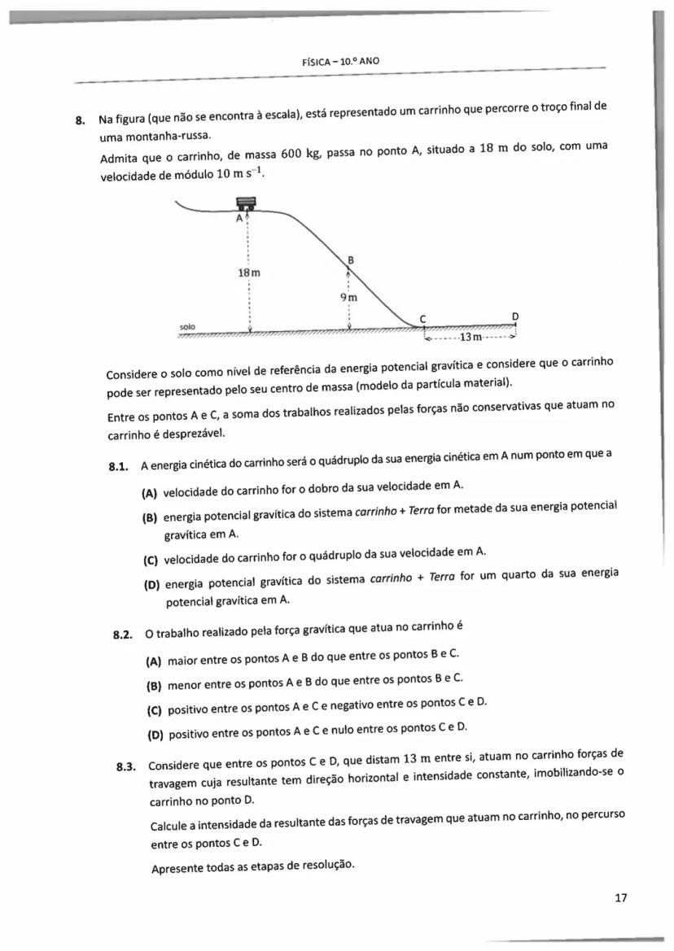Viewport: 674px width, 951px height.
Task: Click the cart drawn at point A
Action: (245, 204)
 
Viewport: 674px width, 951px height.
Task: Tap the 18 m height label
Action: (249, 273)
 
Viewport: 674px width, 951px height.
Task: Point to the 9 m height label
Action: (349, 298)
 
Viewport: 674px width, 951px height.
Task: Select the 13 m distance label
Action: (472, 337)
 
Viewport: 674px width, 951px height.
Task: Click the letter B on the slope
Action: (351, 260)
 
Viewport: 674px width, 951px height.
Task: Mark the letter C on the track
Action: (422, 317)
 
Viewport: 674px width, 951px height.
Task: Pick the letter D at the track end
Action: (514, 315)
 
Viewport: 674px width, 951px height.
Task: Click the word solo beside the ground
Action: (187, 326)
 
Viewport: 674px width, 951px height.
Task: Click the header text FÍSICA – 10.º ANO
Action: (341, 61)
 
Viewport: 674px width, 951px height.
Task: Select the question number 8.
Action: (79, 120)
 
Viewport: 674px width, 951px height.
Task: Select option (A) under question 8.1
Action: (150, 493)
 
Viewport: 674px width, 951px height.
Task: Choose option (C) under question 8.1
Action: (151, 560)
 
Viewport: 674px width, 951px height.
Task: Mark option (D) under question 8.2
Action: (155, 736)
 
